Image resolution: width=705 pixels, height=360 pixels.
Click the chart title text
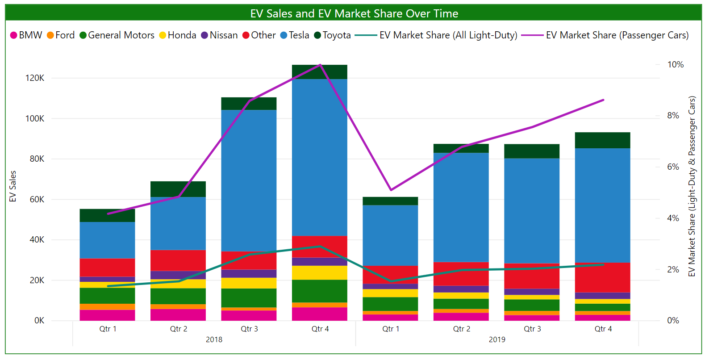[354, 13]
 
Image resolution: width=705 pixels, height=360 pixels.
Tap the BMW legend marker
[14, 35]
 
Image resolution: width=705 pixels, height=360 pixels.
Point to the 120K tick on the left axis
[35, 78]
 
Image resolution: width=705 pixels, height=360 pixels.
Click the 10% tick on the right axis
[675, 65]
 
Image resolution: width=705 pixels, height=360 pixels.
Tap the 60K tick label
[37, 200]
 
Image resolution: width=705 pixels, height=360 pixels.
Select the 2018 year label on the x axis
[214, 339]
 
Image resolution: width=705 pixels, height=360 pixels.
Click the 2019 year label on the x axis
[497, 339]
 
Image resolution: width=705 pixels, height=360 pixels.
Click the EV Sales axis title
[13, 186]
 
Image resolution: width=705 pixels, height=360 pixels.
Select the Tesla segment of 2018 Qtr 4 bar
[320, 156]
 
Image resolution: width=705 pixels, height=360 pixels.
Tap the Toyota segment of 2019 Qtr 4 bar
[602, 140]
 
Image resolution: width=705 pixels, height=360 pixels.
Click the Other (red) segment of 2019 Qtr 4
[602, 277]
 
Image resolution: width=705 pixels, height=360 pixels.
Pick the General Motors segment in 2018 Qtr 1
[108, 296]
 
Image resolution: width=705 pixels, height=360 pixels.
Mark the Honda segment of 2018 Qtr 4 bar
[320, 272]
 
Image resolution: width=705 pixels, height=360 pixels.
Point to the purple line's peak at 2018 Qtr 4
[320, 65]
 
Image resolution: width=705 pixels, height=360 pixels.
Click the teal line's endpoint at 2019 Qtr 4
[603, 264]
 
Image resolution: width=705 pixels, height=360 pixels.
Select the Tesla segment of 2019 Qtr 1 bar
[390, 235]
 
